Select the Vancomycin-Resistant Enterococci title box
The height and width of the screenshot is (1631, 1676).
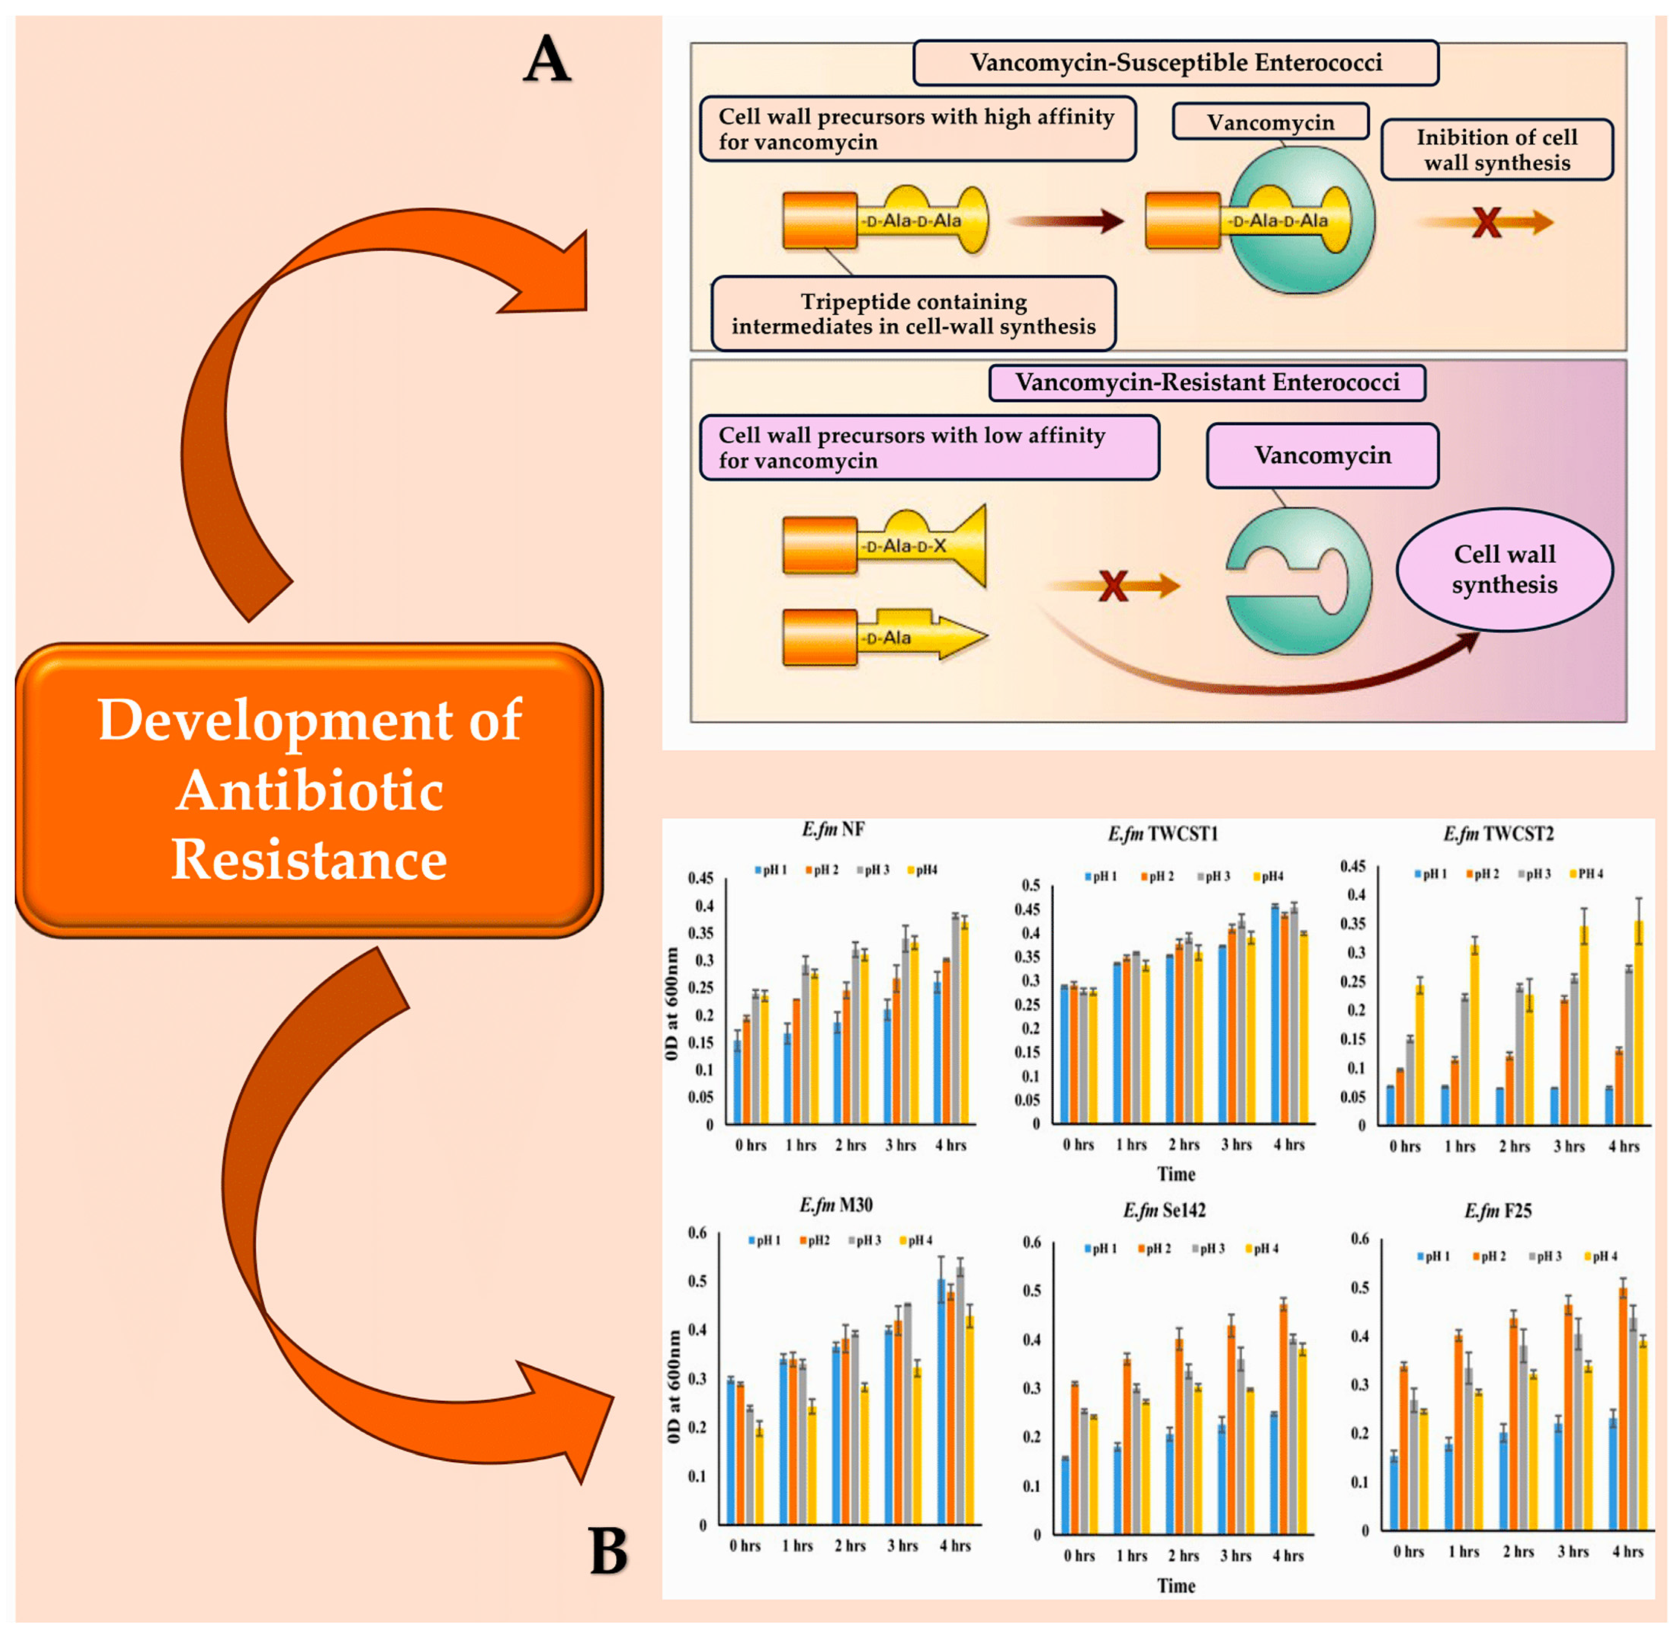(x=1207, y=383)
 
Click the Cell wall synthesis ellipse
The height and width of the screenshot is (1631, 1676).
(x=1504, y=570)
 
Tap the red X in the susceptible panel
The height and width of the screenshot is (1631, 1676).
(x=1486, y=223)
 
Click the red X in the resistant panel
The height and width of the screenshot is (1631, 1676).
(x=1113, y=587)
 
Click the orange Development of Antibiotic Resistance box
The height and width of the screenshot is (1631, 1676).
(x=309, y=790)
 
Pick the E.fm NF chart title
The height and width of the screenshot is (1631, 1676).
(x=833, y=829)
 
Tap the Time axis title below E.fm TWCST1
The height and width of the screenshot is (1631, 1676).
(x=1176, y=1174)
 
